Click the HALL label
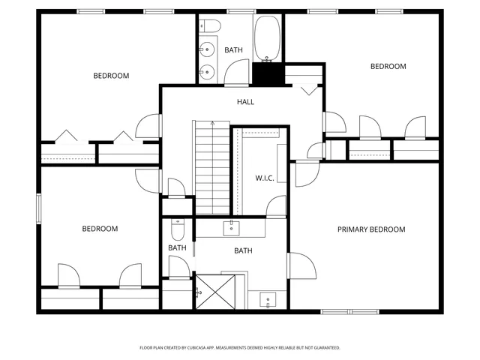tap(245, 101)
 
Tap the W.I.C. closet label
tap(264, 178)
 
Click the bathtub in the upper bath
tap(266, 37)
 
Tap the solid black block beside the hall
tap(266, 74)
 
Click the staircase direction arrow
tap(213, 124)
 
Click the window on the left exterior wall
tap(38, 208)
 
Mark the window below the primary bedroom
tap(349, 311)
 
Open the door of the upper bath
tap(237, 73)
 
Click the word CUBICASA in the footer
tap(207, 348)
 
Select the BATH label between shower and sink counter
tap(243, 251)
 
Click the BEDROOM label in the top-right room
tap(388, 67)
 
